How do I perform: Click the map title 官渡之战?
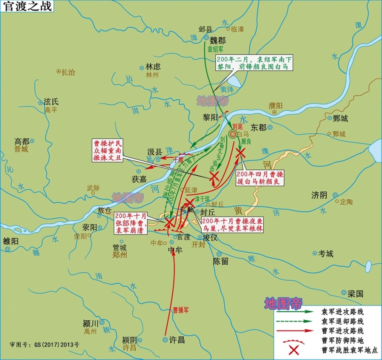[27, 6]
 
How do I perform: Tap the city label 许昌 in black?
[176, 339]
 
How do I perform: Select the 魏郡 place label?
[218, 40]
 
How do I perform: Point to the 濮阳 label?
[275, 105]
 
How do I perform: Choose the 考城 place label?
[326, 253]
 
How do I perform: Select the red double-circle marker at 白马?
[233, 133]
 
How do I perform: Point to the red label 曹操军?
[181, 310]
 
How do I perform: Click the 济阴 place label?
[319, 195]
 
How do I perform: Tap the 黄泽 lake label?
[225, 89]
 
